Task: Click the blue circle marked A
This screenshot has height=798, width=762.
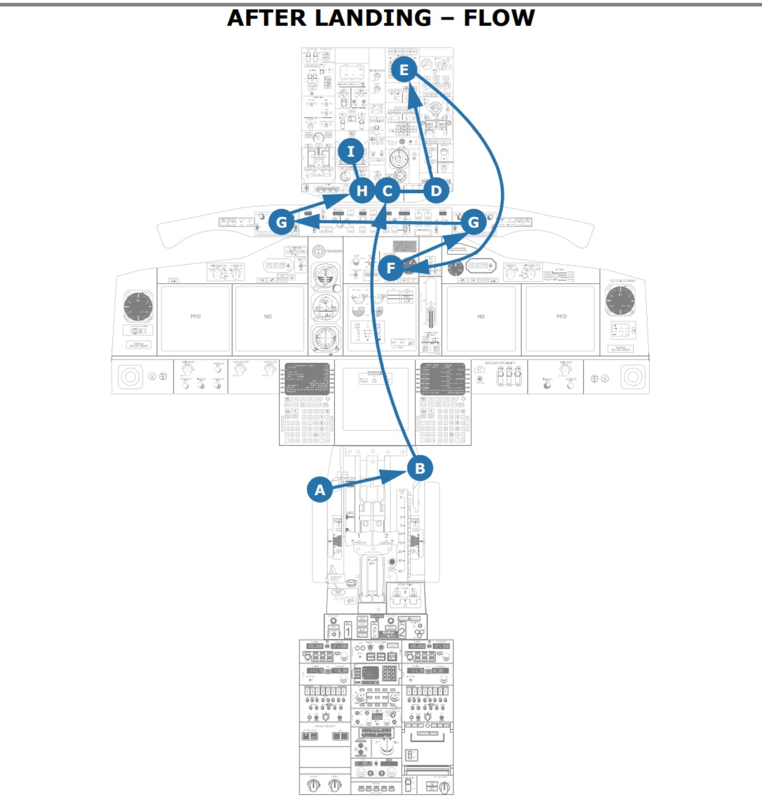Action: pos(320,490)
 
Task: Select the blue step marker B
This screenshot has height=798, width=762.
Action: pos(420,468)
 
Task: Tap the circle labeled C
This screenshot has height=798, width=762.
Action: pos(387,191)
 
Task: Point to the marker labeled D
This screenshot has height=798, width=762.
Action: pos(436,191)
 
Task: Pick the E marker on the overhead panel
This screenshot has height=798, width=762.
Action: pos(404,70)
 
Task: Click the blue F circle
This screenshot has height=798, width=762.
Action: pos(391,267)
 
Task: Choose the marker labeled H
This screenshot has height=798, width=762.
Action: pos(362,191)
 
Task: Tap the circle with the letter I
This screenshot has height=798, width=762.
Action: pos(351,151)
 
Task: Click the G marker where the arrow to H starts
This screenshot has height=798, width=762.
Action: pos(282,222)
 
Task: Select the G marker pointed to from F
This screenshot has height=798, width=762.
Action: pos(474,222)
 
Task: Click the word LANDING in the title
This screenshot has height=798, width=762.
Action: pos(372,18)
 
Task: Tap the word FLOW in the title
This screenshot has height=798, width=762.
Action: pos(499,18)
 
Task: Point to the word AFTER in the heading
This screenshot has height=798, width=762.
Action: pos(266,18)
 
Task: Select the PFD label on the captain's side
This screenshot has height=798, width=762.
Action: pos(195,316)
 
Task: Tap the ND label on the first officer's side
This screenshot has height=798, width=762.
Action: pos(480,316)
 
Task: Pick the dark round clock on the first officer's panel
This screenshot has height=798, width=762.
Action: pos(620,300)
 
